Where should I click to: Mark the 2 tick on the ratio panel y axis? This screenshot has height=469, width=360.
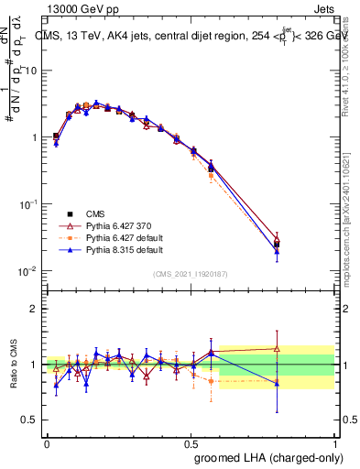click(34, 308)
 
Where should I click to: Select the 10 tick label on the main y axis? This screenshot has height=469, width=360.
click(30, 71)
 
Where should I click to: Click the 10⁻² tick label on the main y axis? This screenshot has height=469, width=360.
click(28, 271)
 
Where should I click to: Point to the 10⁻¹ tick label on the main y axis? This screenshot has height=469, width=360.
click(28, 204)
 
